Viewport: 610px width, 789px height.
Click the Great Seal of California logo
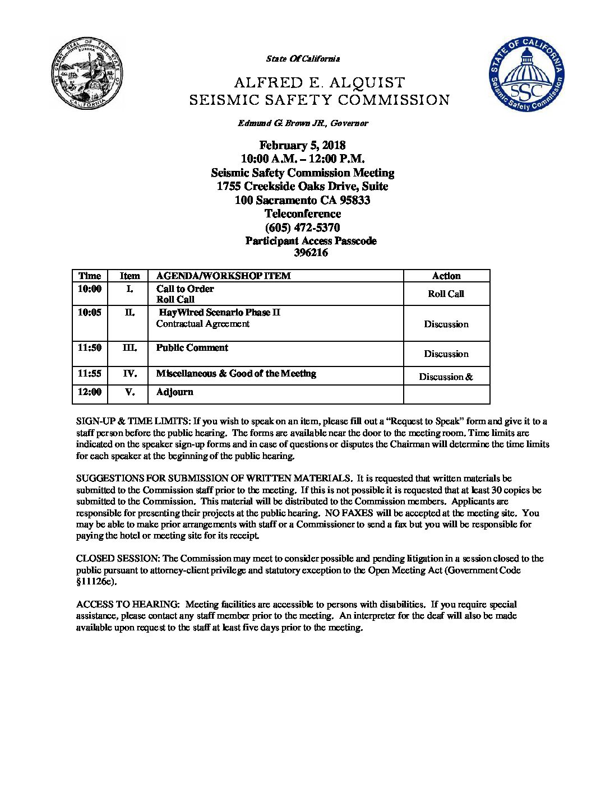87,74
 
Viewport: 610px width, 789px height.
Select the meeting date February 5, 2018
302,146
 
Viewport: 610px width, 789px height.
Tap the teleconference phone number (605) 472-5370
302,228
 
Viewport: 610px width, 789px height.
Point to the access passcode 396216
311,253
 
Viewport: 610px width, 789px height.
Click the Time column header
90,276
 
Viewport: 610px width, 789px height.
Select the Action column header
446,276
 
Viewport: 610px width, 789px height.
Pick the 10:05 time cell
90,313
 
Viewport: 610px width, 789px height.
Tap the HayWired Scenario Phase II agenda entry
219,313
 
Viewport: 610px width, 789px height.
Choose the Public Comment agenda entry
192,348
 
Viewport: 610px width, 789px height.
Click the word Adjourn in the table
174,392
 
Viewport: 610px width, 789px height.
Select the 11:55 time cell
90,374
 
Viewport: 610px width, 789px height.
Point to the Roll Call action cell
446,294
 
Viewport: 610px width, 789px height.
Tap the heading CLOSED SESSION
118,559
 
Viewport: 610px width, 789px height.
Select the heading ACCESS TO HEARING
127,605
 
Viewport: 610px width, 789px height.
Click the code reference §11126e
95,582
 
